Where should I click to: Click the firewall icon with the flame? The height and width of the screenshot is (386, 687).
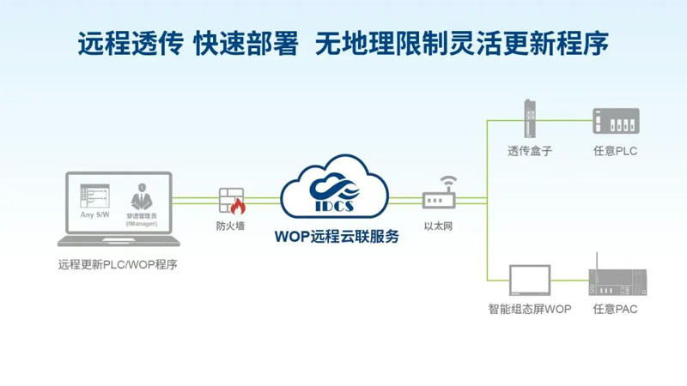click(x=231, y=201)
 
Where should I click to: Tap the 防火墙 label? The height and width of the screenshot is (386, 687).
click(x=231, y=227)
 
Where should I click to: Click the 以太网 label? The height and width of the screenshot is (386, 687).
click(x=439, y=227)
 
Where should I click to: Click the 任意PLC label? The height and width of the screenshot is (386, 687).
click(x=615, y=151)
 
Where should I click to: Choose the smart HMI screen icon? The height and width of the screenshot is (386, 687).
click(x=529, y=279)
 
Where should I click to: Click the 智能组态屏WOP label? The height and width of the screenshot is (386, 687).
click(x=530, y=309)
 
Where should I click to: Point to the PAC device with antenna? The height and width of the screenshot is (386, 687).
click(x=613, y=279)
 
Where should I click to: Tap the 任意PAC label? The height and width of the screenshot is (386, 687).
click(x=615, y=309)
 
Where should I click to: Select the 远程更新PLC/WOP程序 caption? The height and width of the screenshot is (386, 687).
click(x=118, y=264)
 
